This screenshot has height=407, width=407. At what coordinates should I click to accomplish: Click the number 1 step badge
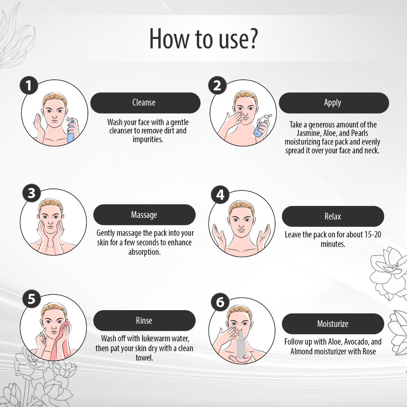(29, 85)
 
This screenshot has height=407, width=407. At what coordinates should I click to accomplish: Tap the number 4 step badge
(220, 195)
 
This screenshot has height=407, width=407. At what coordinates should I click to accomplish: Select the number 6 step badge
(220, 302)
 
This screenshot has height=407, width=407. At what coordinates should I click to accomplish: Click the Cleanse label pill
(145, 103)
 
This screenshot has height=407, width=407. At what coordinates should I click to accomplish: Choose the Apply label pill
(334, 103)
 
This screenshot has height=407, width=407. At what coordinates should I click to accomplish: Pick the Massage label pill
(144, 214)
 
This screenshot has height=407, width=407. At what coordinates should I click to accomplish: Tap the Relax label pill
(333, 216)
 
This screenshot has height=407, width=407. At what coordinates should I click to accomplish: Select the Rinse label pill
(144, 321)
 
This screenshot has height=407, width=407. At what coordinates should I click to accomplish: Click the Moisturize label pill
(333, 324)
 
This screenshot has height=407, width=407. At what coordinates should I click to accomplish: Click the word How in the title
(169, 38)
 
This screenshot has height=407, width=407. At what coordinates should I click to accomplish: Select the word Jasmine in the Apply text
(309, 133)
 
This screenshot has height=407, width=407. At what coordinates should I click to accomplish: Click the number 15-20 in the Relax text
(373, 235)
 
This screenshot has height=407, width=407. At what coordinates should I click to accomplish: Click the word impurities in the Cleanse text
(148, 140)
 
